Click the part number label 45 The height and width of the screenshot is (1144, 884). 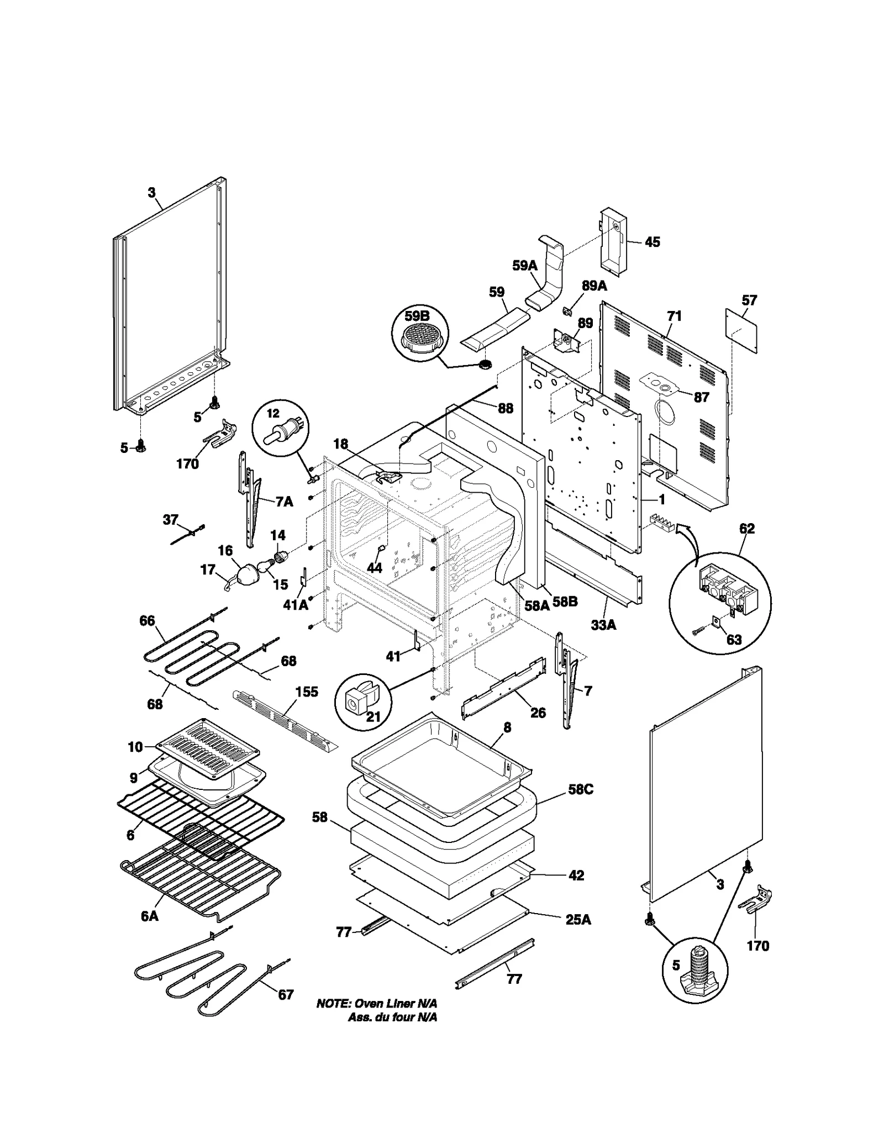pyautogui.click(x=653, y=242)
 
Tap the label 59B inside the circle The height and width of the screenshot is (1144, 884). pyautogui.click(x=417, y=317)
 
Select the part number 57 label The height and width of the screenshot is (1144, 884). pyautogui.click(x=749, y=301)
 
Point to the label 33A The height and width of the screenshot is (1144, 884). pyautogui.click(x=603, y=625)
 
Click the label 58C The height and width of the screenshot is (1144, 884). pyautogui.click(x=581, y=789)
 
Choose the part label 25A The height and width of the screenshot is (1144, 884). pyautogui.click(x=578, y=920)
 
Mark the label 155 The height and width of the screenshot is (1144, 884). pyautogui.click(x=307, y=692)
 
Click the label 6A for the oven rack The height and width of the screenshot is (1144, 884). pyautogui.click(x=149, y=916)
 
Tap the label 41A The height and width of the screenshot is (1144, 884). pyautogui.click(x=296, y=605)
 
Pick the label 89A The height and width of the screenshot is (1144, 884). pyautogui.click(x=594, y=286)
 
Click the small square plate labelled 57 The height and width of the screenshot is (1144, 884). pyautogui.click(x=741, y=330)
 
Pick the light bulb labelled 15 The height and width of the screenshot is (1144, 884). pyautogui.click(x=265, y=566)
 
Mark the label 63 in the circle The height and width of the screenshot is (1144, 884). pyautogui.click(x=734, y=640)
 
